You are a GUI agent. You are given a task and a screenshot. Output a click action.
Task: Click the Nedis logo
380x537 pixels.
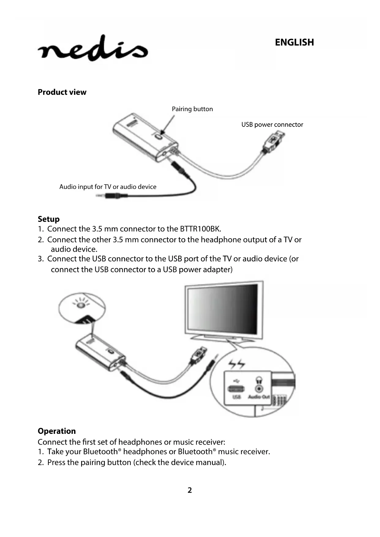click(x=93, y=49)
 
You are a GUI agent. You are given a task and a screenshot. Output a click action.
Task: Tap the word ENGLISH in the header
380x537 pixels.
click(x=294, y=42)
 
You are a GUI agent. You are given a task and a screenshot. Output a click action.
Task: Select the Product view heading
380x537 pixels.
click(x=62, y=92)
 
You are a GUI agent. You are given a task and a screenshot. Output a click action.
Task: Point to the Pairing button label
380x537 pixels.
click(x=192, y=109)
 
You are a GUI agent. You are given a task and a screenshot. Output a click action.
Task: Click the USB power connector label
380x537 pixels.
click(x=272, y=125)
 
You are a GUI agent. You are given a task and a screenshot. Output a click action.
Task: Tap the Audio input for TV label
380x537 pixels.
click(x=107, y=187)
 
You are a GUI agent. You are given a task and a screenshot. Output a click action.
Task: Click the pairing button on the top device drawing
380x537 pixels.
click(x=159, y=136)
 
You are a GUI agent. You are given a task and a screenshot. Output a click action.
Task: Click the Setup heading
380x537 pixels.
click(x=48, y=219)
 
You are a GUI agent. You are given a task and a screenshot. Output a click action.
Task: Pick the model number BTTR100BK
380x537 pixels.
click(x=200, y=229)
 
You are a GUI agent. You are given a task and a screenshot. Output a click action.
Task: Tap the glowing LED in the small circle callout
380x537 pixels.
click(x=81, y=305)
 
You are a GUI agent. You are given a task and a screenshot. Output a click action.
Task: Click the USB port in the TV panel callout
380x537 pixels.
click(x=236, y=389)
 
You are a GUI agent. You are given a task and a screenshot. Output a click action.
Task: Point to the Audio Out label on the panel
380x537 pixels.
click(x=259, y=397)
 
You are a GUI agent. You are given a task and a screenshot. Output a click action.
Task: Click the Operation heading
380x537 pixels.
click(x=57, y=431)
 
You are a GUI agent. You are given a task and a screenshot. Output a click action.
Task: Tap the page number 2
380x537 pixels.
click(x=190, y=490)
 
